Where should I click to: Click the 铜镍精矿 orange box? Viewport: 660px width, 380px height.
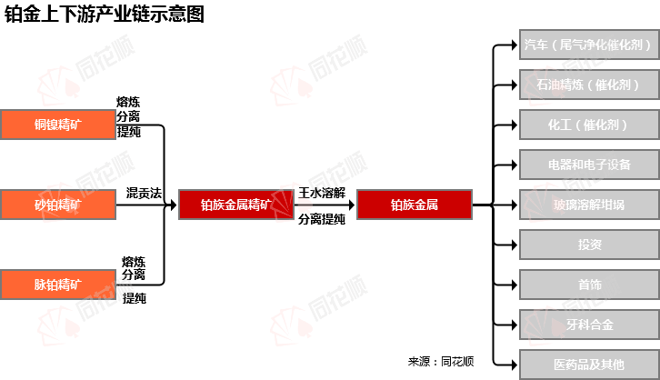pyautogui.click(x=58, y=125)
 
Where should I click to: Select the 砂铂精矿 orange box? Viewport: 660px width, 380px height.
pyautogui.click(x=58, y=205)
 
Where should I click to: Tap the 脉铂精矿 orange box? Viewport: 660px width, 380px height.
pyautogui.click(x=58, y=285)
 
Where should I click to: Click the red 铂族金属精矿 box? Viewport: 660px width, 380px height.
pyautogui.click(x=236, y=205)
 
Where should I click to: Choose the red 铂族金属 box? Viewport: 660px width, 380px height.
pyautogui.click(x=415, y=205)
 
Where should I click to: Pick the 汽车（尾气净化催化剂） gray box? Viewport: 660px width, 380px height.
pyautogui.click(x=589, y=45)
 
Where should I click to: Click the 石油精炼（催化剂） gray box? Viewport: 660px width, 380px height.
pyautogui.click(x=589, y=85)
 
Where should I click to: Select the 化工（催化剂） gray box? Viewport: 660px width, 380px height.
pyautogui.click(x=589, y=125)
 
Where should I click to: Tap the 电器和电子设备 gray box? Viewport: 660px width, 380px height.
pyautogui.click(x=589, y=165)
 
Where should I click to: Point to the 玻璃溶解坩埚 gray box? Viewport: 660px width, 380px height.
pyautogui.click(x=589, y=205)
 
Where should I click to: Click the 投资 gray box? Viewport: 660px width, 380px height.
pyautogui.click(x=589, y=245)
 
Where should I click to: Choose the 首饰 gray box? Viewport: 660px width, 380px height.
pyautogui.click(x=589, y=285)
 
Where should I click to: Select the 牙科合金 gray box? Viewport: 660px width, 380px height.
pyautogui.click(x=589, y=325)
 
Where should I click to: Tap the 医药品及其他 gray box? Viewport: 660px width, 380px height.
pyautogui.click(x=589, y=365)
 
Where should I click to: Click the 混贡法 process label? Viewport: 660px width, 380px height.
pyautogui.click(x=144, y=193)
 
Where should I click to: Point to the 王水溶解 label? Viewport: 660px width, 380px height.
pyautogui.click(x=322, y=193)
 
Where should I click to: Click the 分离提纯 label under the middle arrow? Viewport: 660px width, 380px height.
pyautogui.click(x=322, y=219)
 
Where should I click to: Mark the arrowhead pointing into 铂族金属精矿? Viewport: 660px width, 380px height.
pyautogui.click(x=173, y=205)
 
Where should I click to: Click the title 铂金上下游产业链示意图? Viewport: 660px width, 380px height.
pyautogui.click(x=105, y=14)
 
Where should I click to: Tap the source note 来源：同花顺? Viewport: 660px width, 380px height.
pyautogui.click(x=441, y=362)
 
